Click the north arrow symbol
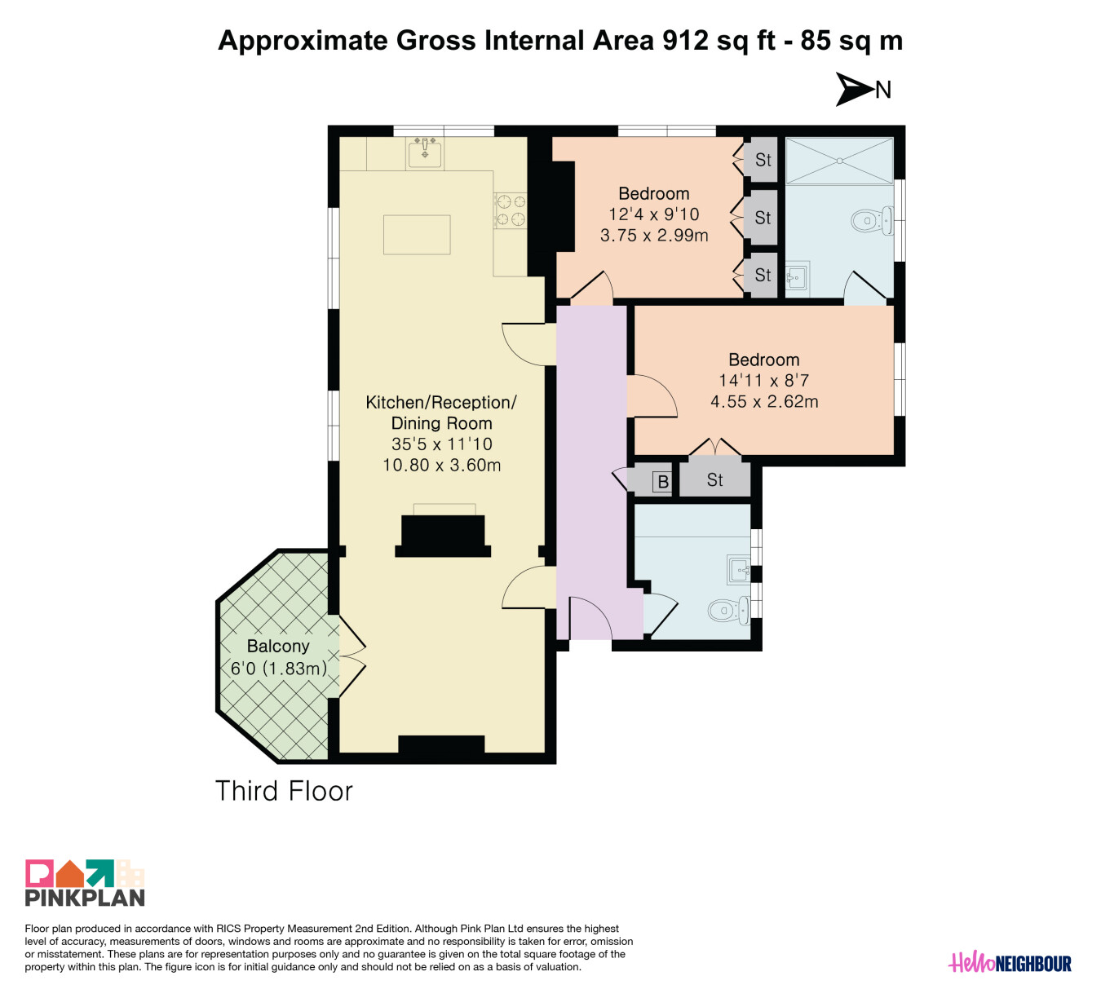(x=854, y=89)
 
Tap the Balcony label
(x=278, y=646)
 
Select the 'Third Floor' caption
(x=284, y=791)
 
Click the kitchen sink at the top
(x=424, y=153)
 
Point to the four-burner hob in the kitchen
(x=511, y=211)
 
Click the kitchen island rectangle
(x=417, y=234)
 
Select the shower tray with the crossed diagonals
(x=839, y=161)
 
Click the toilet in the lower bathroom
(x=727, y=610)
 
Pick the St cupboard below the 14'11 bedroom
(x=714, y=479)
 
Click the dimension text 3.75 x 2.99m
(x=654, y=236)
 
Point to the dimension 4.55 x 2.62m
(x=764, y=401)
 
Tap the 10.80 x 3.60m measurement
(x=441, y=465)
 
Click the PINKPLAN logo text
(x=85, y=898)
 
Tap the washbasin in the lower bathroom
(x=739, y=569)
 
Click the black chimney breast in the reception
(x=443, y=536)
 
